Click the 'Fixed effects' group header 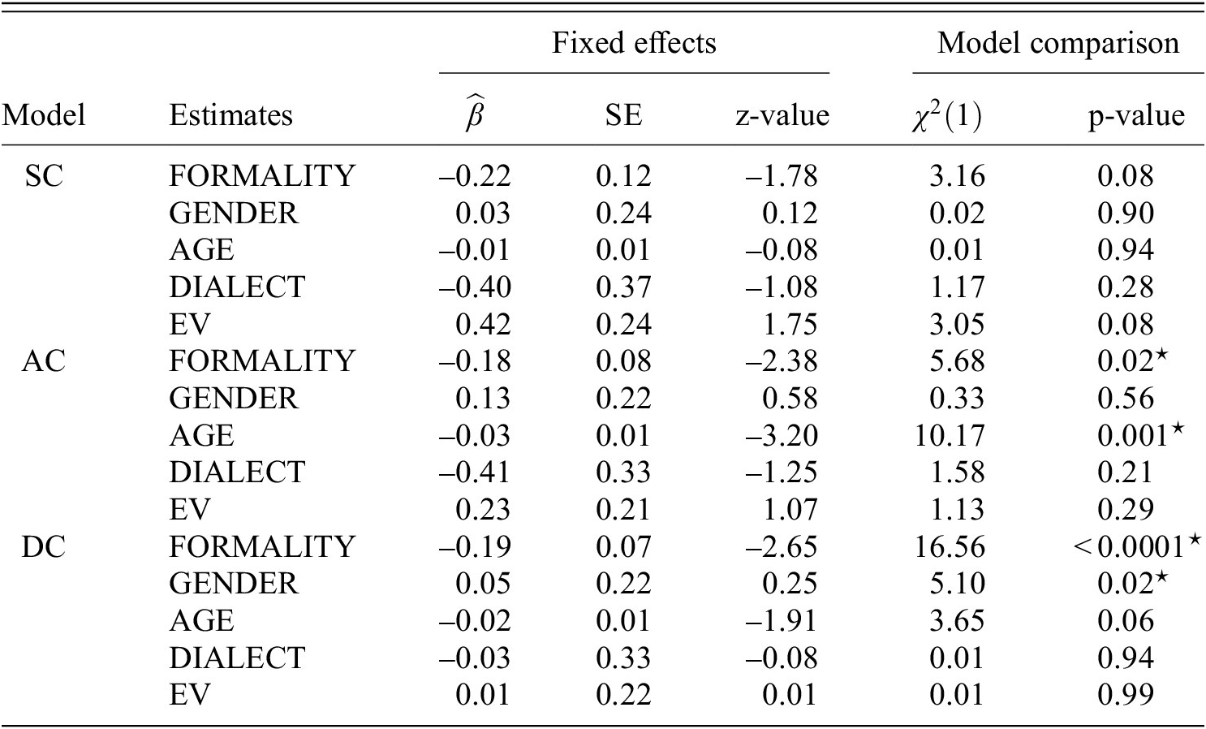click(x=634, y=42)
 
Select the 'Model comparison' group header click(x=1057, y=42)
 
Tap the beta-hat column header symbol click(x=475, y=114)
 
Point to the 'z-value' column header click(x=782, y=115)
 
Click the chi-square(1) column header click(x=945, y=115)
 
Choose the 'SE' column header click(x=622, y=115)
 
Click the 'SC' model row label click(x=43, y=176)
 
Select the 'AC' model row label click(x=43, y=361)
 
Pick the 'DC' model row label click(x=43, y=546)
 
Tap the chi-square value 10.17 click(x=949, y=436)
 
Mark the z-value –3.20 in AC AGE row click(x=782, y=436)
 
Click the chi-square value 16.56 click(x=949, y=546)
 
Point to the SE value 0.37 click(x=622, y=287)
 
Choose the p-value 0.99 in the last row click(x=1125, y=695)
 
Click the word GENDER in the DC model click(x=234, y=584)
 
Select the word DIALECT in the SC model click(x=237, y=287)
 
